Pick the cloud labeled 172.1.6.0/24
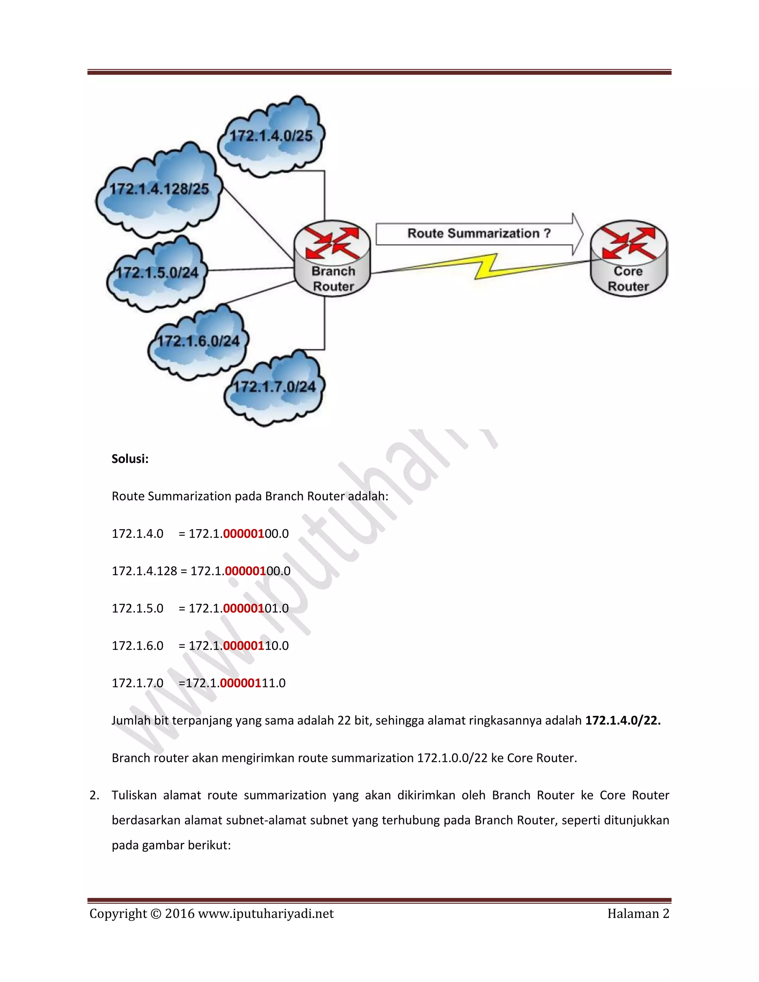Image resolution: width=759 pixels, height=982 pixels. point(198,341)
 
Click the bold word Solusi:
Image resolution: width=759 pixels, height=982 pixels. point(130,459)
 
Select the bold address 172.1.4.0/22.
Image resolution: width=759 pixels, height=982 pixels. point(623,720)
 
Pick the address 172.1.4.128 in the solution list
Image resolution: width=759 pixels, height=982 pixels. point(144,571)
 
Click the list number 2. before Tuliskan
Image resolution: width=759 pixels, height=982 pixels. point(95,795)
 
